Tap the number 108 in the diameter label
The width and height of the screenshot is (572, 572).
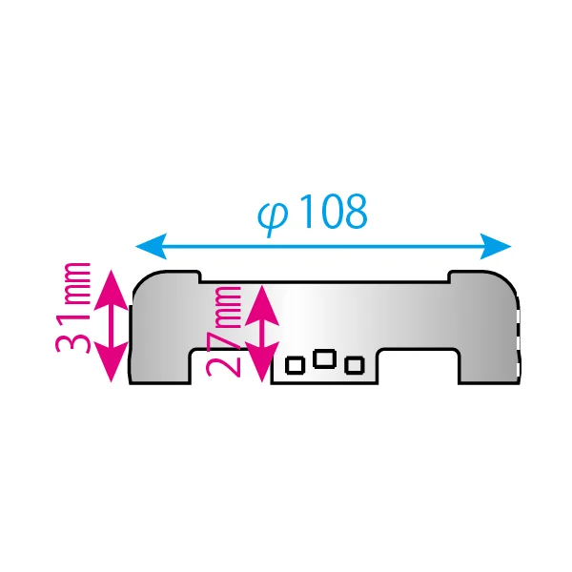click(333, 212)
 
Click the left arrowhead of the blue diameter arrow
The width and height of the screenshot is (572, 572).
click(152, 246)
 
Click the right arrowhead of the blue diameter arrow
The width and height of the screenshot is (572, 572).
click(496, 246)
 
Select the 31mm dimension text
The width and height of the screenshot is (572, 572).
click(72, 308)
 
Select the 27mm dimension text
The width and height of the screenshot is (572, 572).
click(223, 331)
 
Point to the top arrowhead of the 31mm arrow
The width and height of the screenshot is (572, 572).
click(112, 290)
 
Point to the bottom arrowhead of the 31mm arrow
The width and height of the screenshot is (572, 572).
click(112, 362)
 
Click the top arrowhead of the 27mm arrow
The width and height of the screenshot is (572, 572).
click(262, 305)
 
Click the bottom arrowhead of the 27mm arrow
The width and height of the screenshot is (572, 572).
click(262, 362)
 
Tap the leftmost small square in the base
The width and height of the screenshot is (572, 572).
click(296, 365)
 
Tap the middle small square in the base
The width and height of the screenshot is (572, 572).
click(325, 358)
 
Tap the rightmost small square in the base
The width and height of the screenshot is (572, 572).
click(355, 365)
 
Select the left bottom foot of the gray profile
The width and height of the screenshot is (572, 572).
click(160, 367)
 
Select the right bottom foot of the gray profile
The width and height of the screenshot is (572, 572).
click(489, 367)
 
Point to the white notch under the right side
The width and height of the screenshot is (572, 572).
click(419, 367)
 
